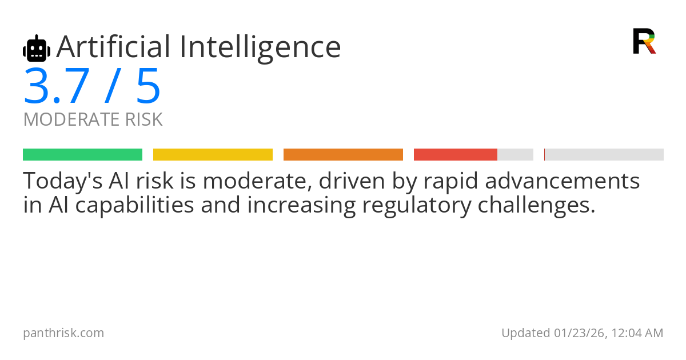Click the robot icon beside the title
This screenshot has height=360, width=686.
37,48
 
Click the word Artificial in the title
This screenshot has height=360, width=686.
113,47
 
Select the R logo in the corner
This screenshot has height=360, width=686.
644,41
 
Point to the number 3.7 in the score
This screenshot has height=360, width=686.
57,86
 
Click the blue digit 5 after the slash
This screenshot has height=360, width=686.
149,86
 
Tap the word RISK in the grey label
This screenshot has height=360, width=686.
144,119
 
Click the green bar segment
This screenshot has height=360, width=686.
83,155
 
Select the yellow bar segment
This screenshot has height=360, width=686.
213,155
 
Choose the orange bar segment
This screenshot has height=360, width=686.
344,155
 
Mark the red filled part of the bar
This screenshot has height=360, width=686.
456,155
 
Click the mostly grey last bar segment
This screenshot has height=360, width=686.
604,155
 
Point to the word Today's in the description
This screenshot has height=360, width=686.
63,181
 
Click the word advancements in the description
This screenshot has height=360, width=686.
563,181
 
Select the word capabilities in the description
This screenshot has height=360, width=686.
135,205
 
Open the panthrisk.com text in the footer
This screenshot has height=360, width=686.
63,333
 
